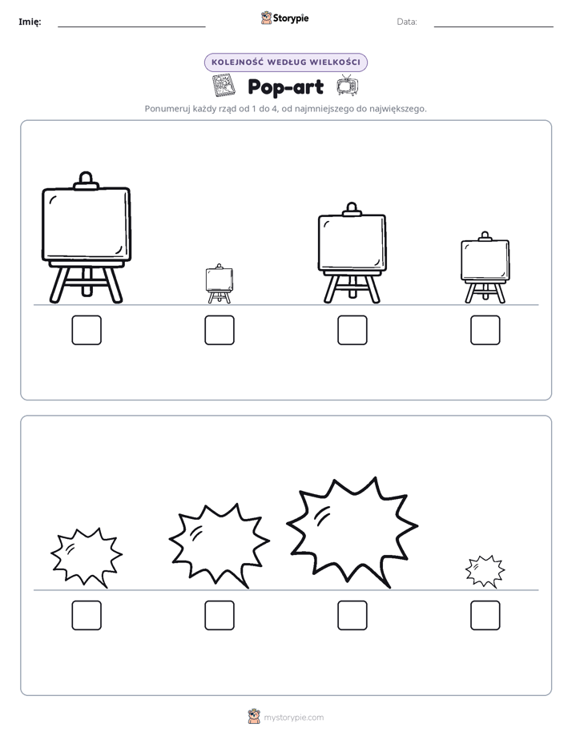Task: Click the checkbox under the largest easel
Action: tap(87, 330)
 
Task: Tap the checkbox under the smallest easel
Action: tap(220, 330)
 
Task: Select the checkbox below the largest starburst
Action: tap(352, 615)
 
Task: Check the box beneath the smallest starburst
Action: tap(485, 615)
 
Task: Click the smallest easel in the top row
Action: tap(220, 284)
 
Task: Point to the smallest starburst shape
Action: tap(485, 571)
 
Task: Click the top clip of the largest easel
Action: tap(86, 180)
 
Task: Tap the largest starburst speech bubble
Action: tap(352, 533)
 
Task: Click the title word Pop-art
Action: tap(285, 86)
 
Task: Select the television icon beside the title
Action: tap(348, 85)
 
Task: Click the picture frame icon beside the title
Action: tap(224, 86)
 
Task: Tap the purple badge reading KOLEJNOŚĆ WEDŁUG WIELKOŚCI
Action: tap(285, 62)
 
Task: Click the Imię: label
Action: tap(30, 22)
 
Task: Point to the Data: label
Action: tap(407, 22)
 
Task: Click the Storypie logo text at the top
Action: tap(291, 18)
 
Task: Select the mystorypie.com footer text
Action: tap(293, 718)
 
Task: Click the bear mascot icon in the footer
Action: tap(254, 717)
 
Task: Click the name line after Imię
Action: tap(131, 26)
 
